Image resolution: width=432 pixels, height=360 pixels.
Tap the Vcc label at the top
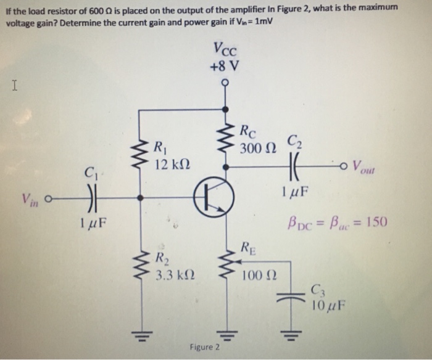point(226,49)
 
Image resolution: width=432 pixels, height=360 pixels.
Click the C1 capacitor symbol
point(91,198)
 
